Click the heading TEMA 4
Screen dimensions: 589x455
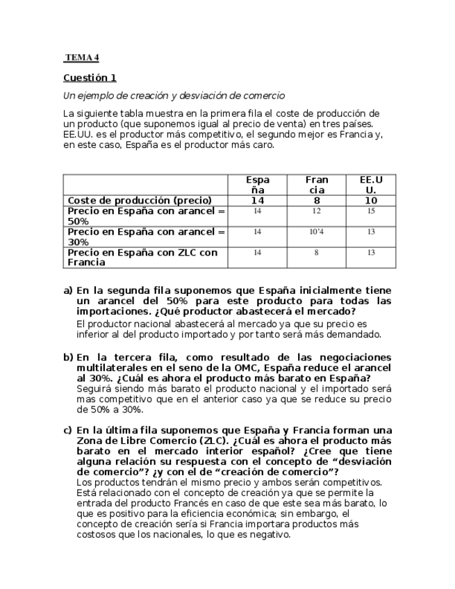click(x=82, y=57)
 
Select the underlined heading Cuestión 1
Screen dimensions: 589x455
click(x=90, y=78)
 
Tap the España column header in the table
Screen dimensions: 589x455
click(x=257, y=185)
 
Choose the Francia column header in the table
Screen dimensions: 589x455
click(x=316, y=185)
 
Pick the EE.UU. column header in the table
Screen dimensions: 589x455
click(x=371, y=185)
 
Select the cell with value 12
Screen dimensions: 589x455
click(x=316, y=210)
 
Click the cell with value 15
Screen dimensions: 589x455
click(x=371, y=210)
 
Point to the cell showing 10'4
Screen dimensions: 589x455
click(x=316, y=231)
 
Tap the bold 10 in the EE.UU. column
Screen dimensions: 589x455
click(x=371, y=200)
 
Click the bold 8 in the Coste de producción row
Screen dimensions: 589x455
click(x=316, y=200)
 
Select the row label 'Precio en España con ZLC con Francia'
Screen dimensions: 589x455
click(x=142, y=257)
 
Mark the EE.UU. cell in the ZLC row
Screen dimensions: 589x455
click(x=371, y=253)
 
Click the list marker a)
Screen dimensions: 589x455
click(x=67, y=290)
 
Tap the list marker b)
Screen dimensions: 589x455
click(x=67, y=357)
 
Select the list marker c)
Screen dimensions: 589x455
click(x=67, y=430)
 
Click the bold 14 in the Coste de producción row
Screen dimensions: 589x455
click(x=257, y=200)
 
